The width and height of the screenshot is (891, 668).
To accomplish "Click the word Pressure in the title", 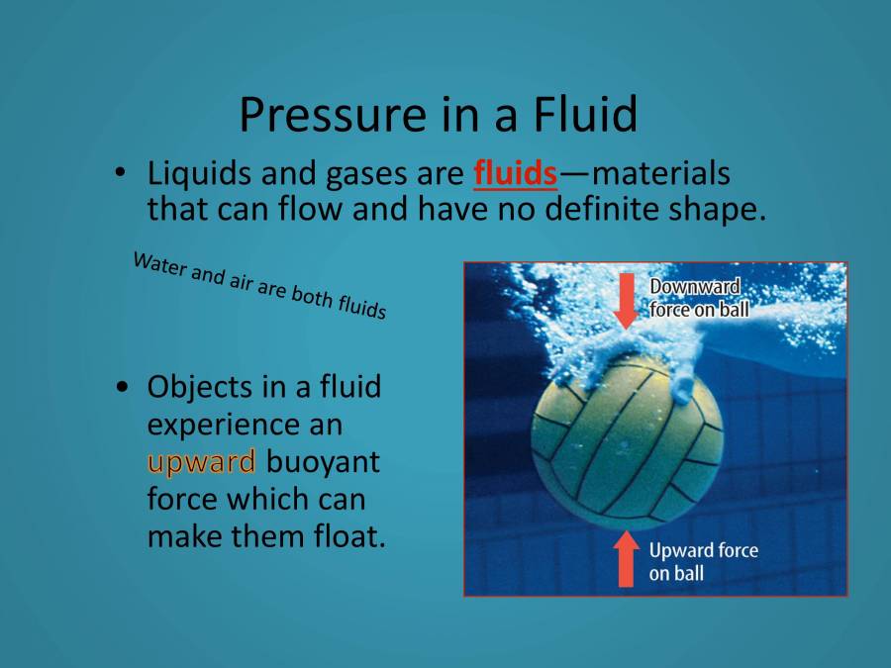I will coord(323,116).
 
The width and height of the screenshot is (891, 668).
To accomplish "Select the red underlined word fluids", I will coord(516,174).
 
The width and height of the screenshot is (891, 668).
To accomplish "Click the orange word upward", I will coord(202,460).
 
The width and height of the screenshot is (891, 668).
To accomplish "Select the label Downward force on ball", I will coord(699,298).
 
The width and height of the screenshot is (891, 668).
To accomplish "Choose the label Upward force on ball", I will coord(703,561).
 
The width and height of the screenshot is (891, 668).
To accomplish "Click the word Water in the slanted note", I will coord(158,264).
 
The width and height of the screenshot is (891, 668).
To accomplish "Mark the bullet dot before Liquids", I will coord(120,174).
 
